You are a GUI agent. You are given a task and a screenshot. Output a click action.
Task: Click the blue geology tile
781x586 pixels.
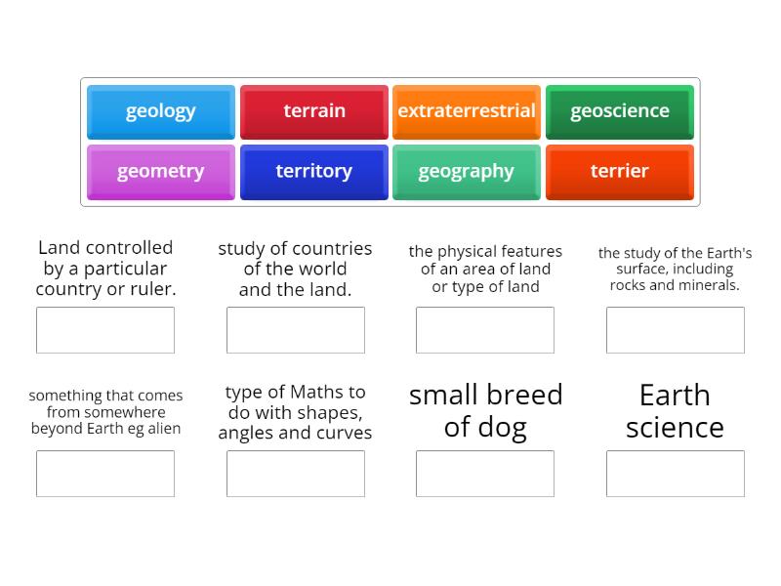pyautogui.click(x=161, y=111)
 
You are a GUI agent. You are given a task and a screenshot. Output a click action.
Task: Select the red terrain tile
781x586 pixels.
pyautogui.click(x=314, y=111)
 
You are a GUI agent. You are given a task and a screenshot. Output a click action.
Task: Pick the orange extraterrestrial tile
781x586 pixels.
pyautogui.click(x=467, y=111)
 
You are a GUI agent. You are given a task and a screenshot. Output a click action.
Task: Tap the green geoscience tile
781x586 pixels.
pyautogui.click(x=620, y=111)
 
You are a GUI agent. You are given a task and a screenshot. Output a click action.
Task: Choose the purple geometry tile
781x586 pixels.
pyautogui.click(x=161, y=172)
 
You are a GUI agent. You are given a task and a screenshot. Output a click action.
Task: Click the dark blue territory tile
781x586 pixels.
pyautogui.click(x=314, y=172)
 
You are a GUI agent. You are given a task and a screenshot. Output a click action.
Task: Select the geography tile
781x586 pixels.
pyautogui.click(x=467, y=172)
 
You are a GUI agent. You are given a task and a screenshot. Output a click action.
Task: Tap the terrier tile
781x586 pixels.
pyautogui.click(x=620, y=172)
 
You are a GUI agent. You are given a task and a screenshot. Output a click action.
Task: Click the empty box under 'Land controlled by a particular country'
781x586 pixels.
pyautogui.click(x=105, y=330)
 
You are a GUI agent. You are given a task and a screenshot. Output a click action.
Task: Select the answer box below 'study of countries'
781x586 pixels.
pyautogui.click(x=296, y=330)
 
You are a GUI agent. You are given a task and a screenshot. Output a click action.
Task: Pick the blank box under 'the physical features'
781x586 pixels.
pyautogui.click(x=485, y=330)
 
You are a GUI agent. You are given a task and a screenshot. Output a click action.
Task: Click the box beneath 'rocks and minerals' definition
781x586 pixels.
pyautogui.click(x=676, y=330)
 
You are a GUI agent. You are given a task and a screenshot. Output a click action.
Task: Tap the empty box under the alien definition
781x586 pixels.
pyautogui.click(x=105, y=474)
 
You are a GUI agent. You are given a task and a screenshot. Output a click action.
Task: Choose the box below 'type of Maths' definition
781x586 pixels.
pyautogui.click(x=296, y=474)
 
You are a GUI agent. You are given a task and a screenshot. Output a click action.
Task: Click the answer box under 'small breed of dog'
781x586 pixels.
pyautogui.click(x=485, y=474)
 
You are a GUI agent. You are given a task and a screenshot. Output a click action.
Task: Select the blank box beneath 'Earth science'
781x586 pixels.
pyautogui.click(x=676, y=474)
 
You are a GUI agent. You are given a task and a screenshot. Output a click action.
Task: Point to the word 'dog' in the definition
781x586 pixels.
pyautogui.click(x=507, y=428)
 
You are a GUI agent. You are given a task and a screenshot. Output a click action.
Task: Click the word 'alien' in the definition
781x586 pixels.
pyautogui.click(x=160, y=429)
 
